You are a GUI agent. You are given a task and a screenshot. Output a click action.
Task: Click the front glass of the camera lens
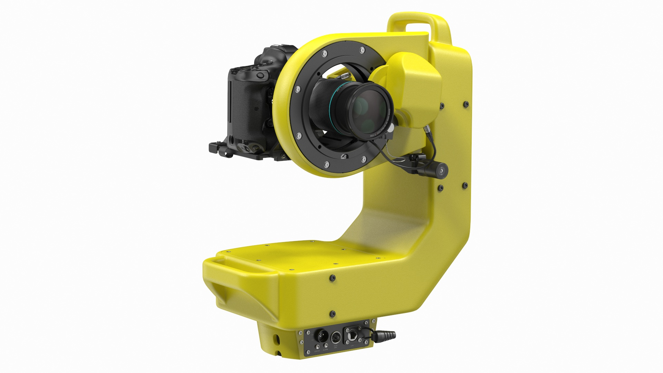click(x=368, y=110)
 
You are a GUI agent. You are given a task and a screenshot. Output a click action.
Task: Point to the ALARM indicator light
click(x=326, y=345)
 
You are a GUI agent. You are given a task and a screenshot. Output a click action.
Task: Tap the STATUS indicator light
click(x=317, y=347)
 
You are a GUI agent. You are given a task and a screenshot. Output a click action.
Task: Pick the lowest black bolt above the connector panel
click(x=332, y=314)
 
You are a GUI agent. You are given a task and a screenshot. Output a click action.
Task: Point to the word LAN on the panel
click(x=352, y=345)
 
